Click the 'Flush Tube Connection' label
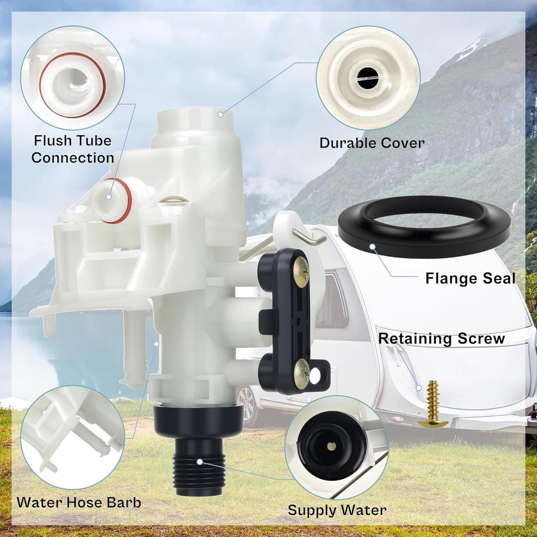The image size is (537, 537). point(72,149)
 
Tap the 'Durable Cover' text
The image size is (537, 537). point(372,142)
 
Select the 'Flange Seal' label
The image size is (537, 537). point(470,277)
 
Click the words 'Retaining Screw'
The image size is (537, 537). point(441,338)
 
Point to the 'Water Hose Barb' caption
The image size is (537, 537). point(79,502)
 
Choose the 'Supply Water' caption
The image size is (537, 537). point(337,510)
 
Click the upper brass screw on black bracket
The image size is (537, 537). point(301,271)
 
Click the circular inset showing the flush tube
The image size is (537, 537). point(72,78)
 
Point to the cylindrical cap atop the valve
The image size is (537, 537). point(194,123)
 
